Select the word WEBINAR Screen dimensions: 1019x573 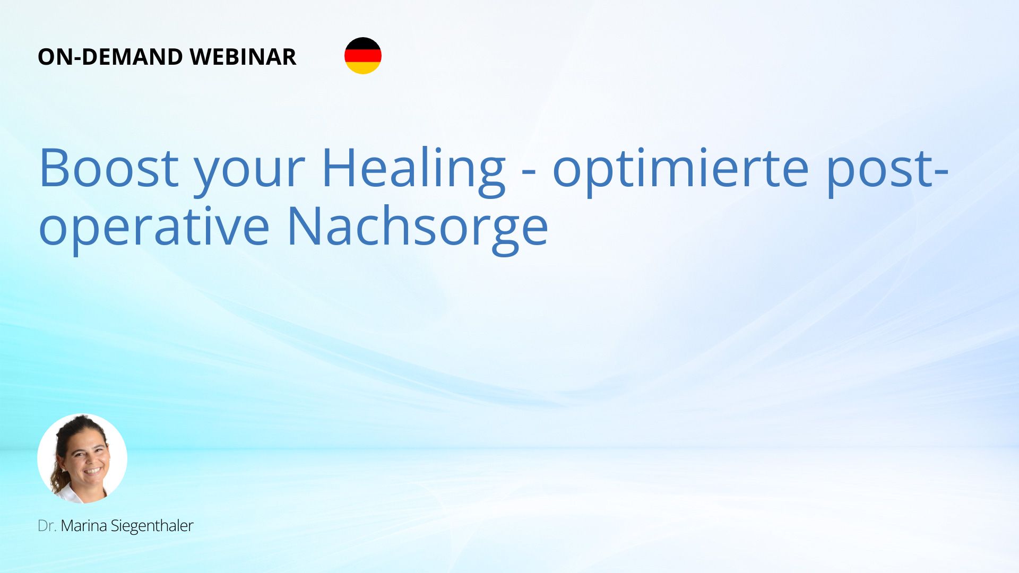243,57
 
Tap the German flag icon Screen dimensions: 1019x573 363,56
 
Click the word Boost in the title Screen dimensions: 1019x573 109,168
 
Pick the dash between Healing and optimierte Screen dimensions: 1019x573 529,173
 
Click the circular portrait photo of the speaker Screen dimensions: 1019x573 82,458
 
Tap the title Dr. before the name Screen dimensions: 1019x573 47,526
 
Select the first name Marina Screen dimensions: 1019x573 83,526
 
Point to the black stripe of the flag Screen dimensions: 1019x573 363,44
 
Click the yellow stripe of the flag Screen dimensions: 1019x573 363,68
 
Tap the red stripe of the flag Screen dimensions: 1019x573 363,56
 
